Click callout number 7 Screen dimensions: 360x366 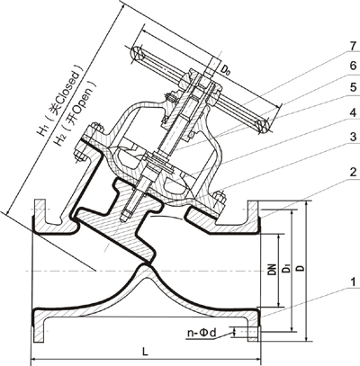(x=353, y=46)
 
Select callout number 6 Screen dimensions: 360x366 (x=353, y=66)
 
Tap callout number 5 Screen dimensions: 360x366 (x=353, y=87)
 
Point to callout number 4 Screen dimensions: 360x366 (x=353, y=112)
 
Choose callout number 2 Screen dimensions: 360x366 (x=353, y=172)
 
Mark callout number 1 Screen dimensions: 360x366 (x=353, y=282)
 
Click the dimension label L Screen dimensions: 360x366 (x=145, y=352)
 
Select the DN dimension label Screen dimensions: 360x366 (x=272, y=270)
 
